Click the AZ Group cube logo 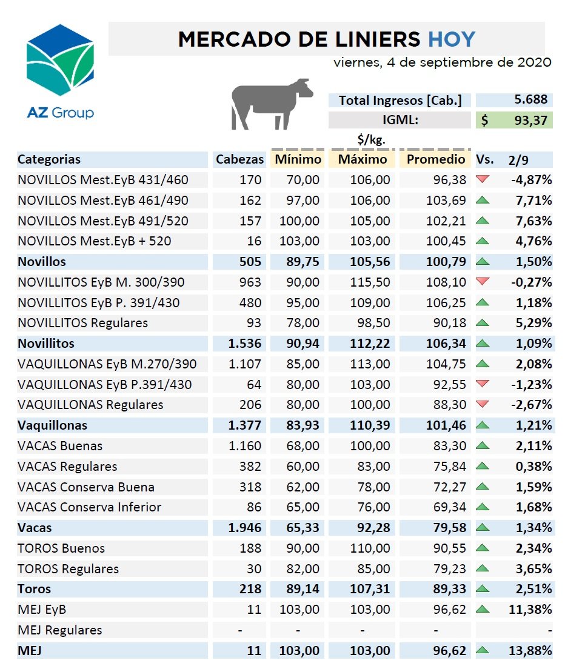click(x=60, y=59)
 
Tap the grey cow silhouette click(x=272, y=104)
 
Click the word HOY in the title click(x=452, y=39)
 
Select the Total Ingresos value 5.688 click(x=531, y=99)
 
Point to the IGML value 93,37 click(x=531, y=121)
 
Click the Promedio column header click(x=436, y=159)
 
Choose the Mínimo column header click(x=298, y=159)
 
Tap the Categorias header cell click(x=49, y=159)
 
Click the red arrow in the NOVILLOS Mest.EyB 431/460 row click(x=482, y=179)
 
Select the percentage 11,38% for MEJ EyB click(x=530, y=609)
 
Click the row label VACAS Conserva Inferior click(x=89, y=507)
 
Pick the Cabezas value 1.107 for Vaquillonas click(x=244, y=364)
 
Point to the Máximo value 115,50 click(x=370, y=282)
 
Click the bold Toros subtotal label click(x=34, y=589)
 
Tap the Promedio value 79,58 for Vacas click(x=450, y=527)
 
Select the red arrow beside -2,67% click(x=482, y=404)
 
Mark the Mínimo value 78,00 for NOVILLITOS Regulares click(x=303, y=323)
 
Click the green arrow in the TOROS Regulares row click(x=482, y=568)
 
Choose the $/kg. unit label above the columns click(x=371, y=139)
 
